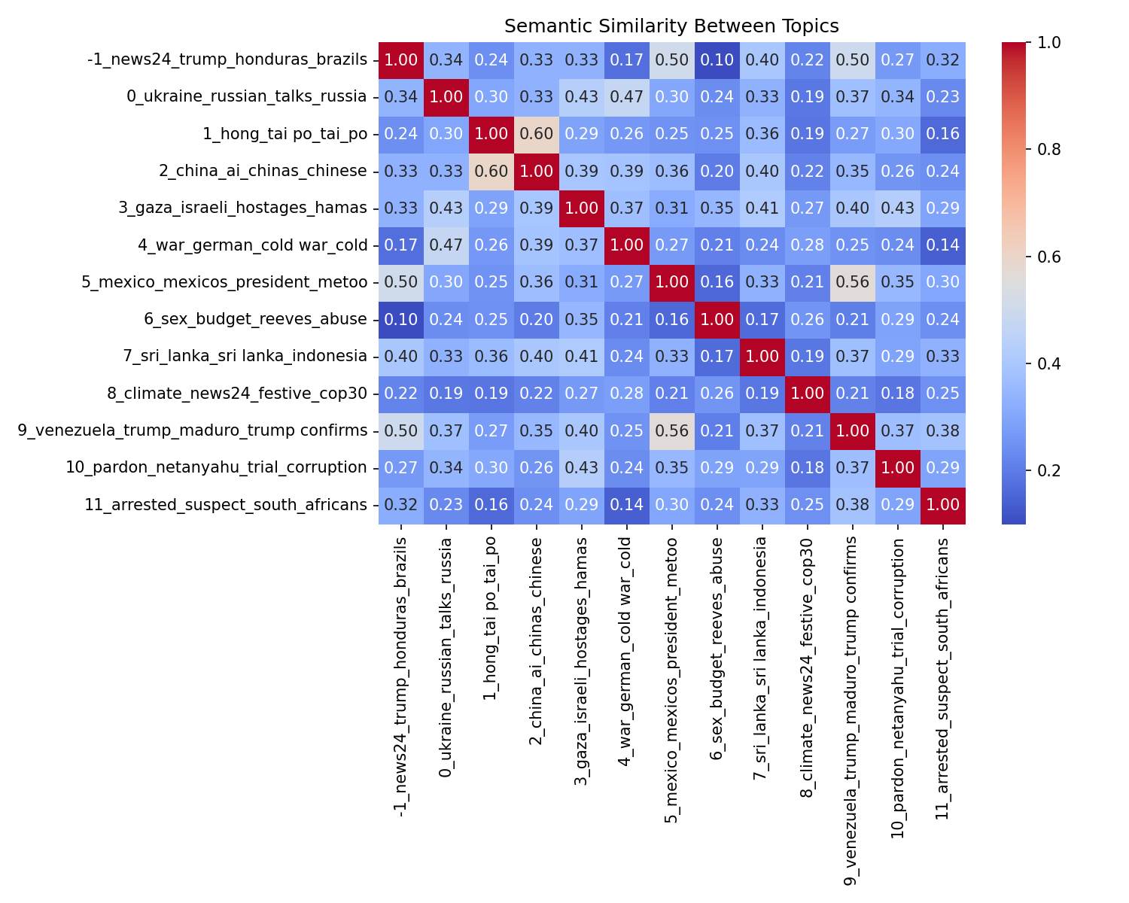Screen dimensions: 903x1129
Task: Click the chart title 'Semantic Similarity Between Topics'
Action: pos(671,26)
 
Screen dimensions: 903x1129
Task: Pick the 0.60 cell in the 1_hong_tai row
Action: pos(537,134)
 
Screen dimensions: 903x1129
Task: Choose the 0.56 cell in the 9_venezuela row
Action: pos(672,430)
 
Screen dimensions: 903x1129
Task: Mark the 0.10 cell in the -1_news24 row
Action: pos(717,60)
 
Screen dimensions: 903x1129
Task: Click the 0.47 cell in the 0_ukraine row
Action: pos(627,97)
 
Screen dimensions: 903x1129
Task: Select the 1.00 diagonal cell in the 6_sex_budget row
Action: pos(717,319)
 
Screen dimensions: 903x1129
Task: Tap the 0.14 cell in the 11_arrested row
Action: pos(627,504)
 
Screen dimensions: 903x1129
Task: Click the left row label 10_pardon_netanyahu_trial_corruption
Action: pos(216,467)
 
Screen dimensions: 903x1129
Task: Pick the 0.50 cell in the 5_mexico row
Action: pos(401,282)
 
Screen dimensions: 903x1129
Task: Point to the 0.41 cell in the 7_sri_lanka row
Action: pos(582,356)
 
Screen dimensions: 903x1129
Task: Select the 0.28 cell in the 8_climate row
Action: pos(627,393)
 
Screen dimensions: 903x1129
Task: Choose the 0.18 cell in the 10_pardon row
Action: pos(808,467)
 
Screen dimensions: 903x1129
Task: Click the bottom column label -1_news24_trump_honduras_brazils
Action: pos(401,677)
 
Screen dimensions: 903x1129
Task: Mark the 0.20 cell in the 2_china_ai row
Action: pos(717,171)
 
